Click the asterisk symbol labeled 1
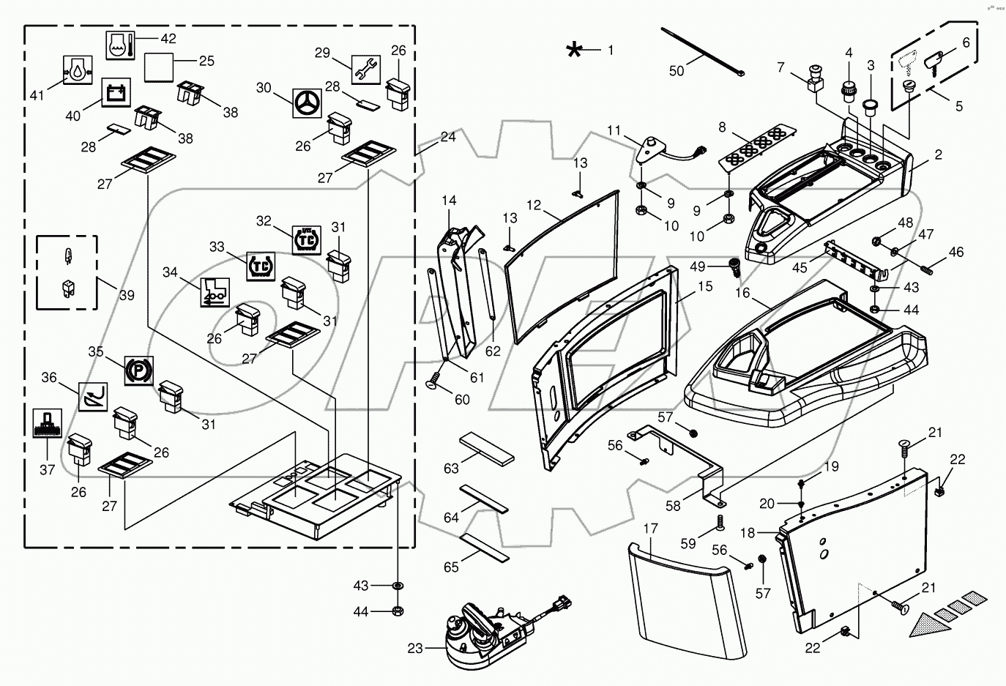575,50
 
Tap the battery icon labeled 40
115,93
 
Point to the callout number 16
742,294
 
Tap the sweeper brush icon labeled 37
48,423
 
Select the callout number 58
672,505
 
